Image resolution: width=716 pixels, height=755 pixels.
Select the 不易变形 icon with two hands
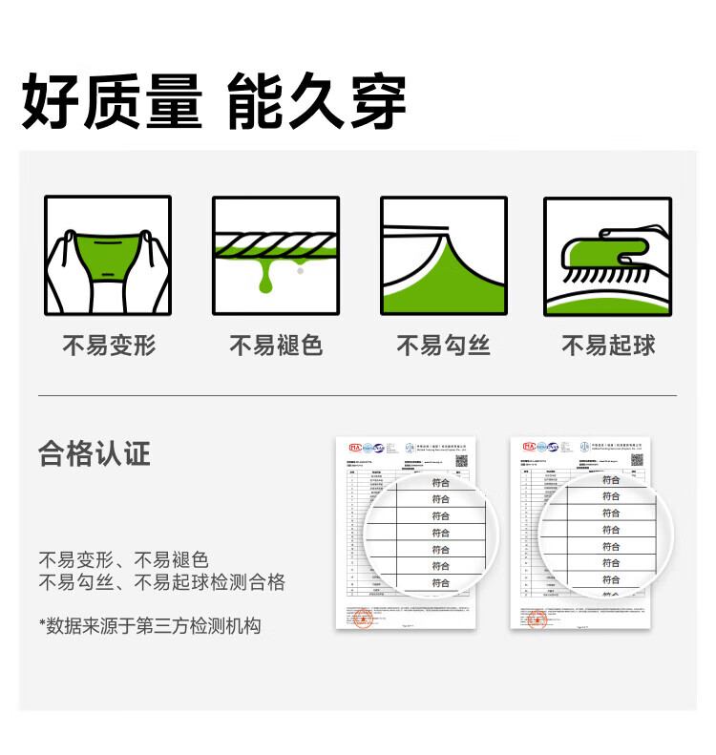(x=107, y=256)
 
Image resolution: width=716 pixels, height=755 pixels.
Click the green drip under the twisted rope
(x=265, y=278)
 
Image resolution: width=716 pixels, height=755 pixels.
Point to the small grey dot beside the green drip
(x=301, y=271)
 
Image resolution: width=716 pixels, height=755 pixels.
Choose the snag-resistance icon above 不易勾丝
(x=443, y=256)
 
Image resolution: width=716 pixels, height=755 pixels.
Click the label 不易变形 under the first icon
(x=108, y=346)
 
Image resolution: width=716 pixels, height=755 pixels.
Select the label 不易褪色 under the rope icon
(x=276, y=346)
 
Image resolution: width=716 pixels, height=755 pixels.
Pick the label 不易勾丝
(x=443, y=346)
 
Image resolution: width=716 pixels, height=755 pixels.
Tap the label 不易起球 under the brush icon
(x=608, y=346)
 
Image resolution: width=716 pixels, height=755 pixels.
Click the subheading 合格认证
(x=95, y=453)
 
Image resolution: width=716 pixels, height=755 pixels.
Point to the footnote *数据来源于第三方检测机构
(x=150, y=626)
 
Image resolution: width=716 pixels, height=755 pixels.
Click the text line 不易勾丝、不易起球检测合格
(x=161, y=582)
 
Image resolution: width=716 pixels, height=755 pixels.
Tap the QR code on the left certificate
(x=461, y=460)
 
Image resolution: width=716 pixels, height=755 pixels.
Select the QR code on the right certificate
(x=637, y=460)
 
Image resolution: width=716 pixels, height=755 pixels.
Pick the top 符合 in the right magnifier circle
(x=611, y=480)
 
